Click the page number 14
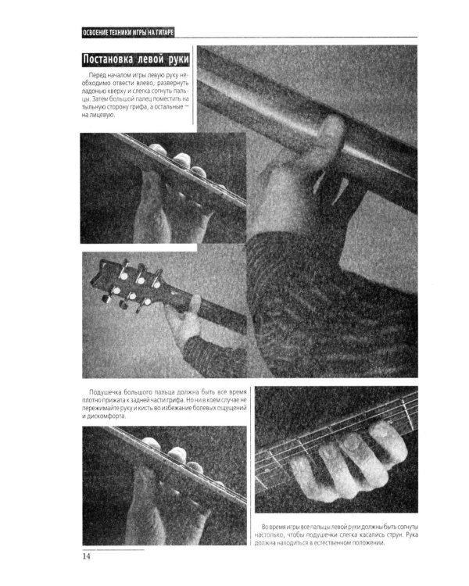[87, 556]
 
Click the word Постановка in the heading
[108, 60]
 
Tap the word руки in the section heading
[179, 60]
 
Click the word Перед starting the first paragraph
[95, 75]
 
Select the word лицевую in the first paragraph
[102, 115]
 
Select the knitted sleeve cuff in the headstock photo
[213, 357]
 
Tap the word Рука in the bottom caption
[412, 534]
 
